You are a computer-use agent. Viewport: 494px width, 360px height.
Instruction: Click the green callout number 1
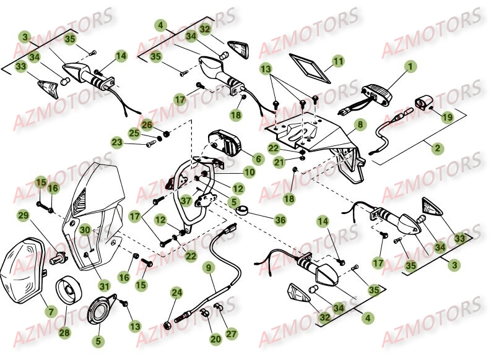[x=409, y=66]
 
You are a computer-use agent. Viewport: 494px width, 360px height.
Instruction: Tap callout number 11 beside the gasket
[x=338, y=61]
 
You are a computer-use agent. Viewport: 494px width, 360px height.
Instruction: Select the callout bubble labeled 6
[x=258, y=159]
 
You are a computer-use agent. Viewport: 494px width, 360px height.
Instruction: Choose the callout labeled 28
[x=64, y=332]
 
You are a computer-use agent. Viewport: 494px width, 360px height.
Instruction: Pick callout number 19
[x=447, y=115]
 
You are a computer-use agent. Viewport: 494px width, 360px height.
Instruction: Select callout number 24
[x=177, y=293]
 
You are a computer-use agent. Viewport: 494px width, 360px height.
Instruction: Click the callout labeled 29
[x=24, y=215]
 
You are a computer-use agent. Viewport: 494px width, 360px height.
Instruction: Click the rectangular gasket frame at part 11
[x=311, y=67]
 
